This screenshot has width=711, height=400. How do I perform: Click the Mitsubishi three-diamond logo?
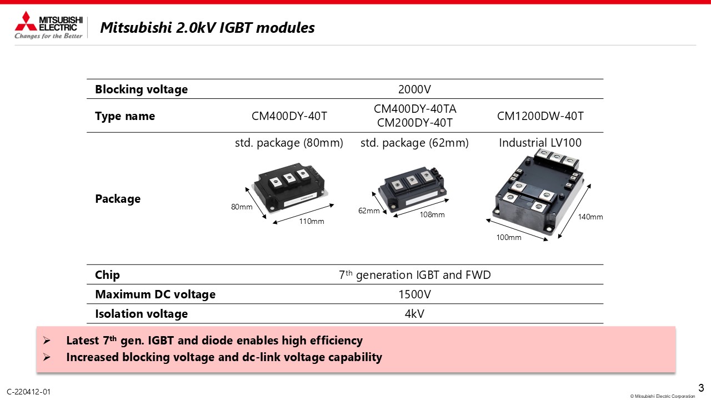point(26,21)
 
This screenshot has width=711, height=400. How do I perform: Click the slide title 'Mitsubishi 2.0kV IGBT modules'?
point(207,28)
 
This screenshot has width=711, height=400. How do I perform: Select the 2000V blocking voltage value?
point(414,89)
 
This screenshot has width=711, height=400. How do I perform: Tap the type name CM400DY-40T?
point(289,116)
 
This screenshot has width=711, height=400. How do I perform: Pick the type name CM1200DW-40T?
point(540,116)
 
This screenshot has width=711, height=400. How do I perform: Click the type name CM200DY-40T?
point(414,123)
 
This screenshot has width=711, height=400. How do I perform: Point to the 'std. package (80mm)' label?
point(289,143)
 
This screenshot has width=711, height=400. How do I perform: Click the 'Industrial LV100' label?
point(540,143)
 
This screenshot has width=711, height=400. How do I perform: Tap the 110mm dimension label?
point(312,221)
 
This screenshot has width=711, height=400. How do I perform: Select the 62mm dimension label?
point(369,211)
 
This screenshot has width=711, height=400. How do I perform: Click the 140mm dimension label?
point(590,217)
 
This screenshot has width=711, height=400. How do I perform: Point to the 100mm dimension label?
point(508,237)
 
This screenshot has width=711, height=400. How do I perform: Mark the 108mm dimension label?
point(432,214)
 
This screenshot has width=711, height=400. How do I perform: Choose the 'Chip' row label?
point(107,275)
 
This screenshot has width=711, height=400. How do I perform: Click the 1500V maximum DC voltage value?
point(414,294)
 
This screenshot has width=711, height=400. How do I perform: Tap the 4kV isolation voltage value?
point(414,314)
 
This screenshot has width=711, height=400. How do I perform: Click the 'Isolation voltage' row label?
point(141,314)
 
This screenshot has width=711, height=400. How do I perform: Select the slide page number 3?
point(701,388)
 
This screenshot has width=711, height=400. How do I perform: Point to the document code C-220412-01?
point(28,392)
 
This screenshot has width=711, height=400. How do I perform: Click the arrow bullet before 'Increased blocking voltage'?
point(47,357)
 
